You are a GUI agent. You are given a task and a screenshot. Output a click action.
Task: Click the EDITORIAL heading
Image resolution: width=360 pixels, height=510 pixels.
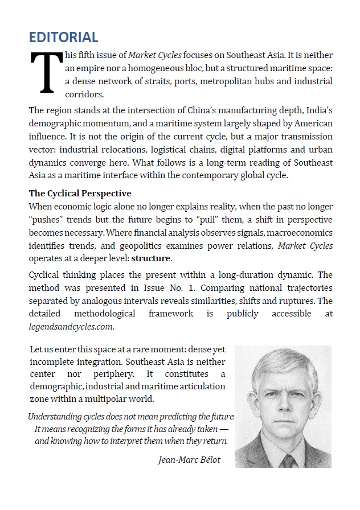(64, 38)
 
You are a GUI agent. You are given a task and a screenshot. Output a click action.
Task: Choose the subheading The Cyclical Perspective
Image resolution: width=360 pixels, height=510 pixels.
(80, 193)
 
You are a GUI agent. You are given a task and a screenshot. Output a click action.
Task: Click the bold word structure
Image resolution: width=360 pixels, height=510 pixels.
(151, 258)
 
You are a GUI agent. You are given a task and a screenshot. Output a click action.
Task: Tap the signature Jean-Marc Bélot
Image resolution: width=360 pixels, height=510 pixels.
(189, 460)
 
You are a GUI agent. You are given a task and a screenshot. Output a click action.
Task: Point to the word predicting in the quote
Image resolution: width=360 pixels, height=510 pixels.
(170, 417)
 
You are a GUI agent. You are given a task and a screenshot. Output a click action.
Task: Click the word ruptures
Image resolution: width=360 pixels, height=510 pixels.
(301, 301)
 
